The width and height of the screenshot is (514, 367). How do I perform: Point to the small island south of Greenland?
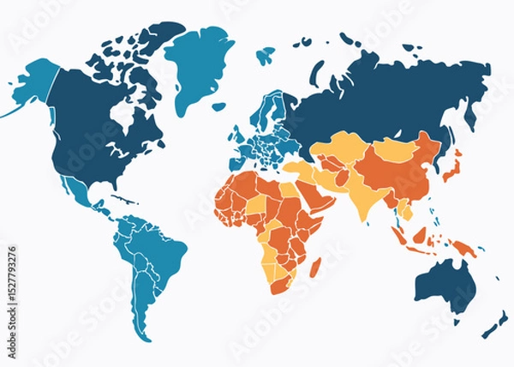219,106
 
